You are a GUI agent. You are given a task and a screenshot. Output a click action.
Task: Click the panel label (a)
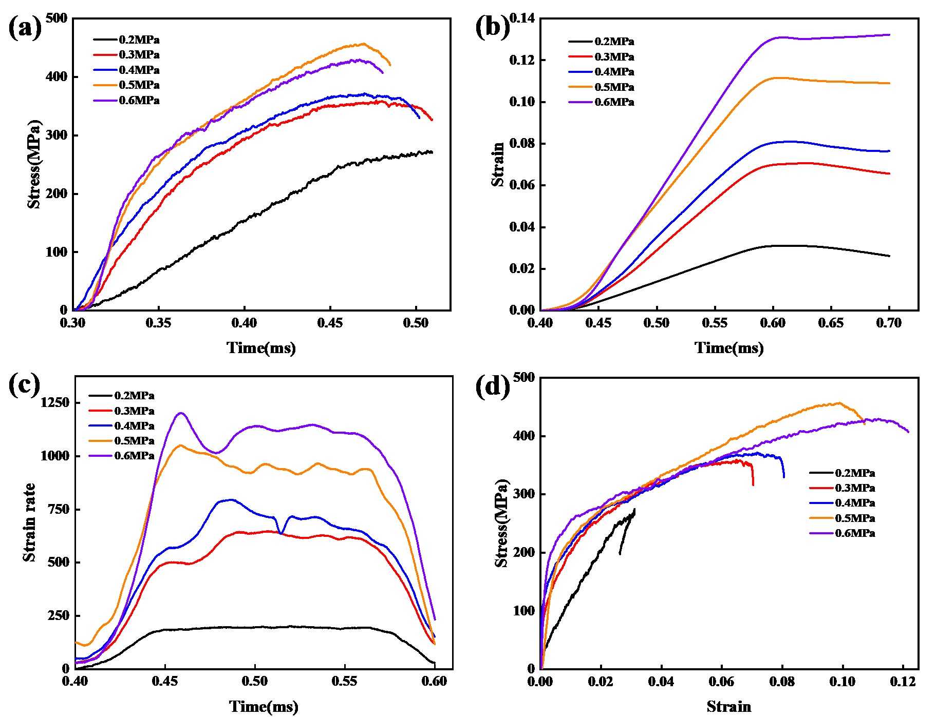pyautogui.click(x=25, y=28)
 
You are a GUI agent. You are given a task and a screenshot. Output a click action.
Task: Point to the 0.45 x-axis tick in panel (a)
pyautogui.click(x=330, y=325)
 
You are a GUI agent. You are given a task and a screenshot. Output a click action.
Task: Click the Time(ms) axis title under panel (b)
pyautogui.click(x=729, y=348)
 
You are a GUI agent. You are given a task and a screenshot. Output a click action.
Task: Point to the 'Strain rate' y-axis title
pyautogui.click(x=29, y=522)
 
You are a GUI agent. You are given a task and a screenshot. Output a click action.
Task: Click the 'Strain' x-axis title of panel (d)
pyautogui.click(x=728, y=707)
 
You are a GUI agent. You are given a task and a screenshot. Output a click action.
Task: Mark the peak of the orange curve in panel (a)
pyautogui.click(x=364, y=44)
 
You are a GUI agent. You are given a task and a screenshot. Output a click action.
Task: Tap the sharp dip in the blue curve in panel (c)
pyautogui.click(x=281, y=532)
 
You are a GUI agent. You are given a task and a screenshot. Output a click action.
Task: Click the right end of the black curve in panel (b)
pyautogui.click(x=889, y=256)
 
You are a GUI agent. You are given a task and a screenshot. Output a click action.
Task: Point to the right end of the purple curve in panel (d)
pyautogui.click(x=908, y=432)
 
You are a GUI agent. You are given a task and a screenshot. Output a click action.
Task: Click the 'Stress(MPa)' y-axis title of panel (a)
pyautogui.click(x=34, y=164)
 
